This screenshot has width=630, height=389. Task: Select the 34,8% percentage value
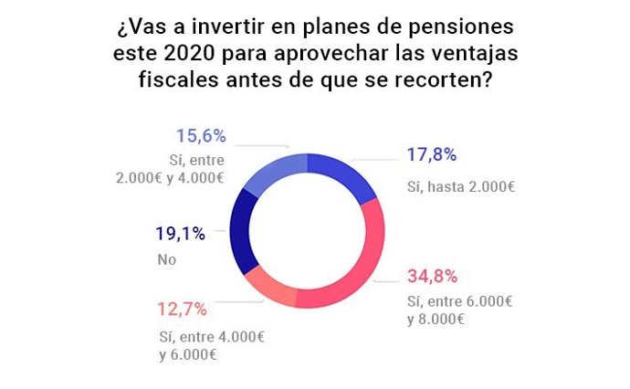[433, 276]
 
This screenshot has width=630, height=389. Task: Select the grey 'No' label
[168, 259]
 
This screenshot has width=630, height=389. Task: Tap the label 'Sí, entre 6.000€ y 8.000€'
[457, 310]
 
